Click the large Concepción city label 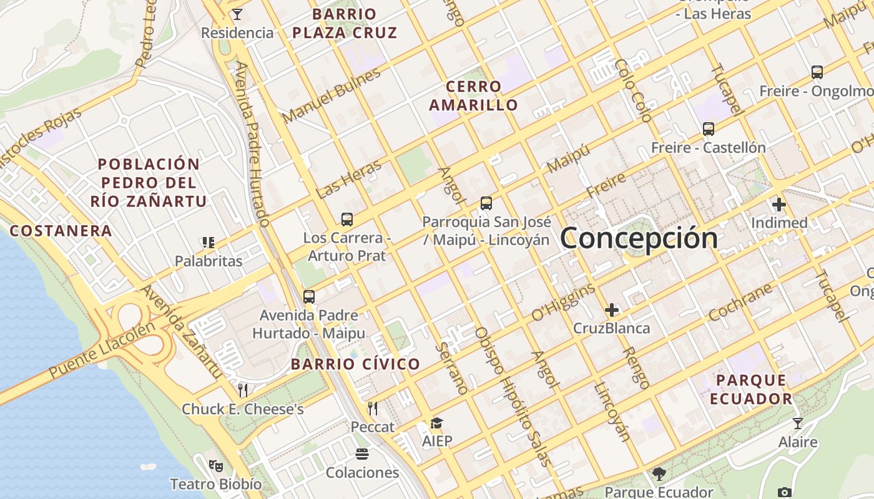pos(639,238)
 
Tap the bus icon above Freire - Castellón pos(708,129)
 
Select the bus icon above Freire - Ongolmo pos(817,72)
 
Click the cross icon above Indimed pos(778,205)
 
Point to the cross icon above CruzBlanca pos(611,310)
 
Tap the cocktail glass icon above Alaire pos(797,424)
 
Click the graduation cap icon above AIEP pos(436,424)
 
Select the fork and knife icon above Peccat pos(373,409)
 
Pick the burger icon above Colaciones pos(362,453)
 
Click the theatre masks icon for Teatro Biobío pos(215,465)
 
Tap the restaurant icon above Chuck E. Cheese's pos(243,391)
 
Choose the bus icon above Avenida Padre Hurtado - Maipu pos(308,297)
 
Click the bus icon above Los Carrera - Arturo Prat pos(347,220)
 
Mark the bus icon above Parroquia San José pos(486,203)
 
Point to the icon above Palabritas pos(208,242)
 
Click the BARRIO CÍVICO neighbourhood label pos(355,365)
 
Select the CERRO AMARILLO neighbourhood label pos(473,95)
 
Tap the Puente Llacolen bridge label pos(102,351)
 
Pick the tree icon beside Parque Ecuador pos(659,475)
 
